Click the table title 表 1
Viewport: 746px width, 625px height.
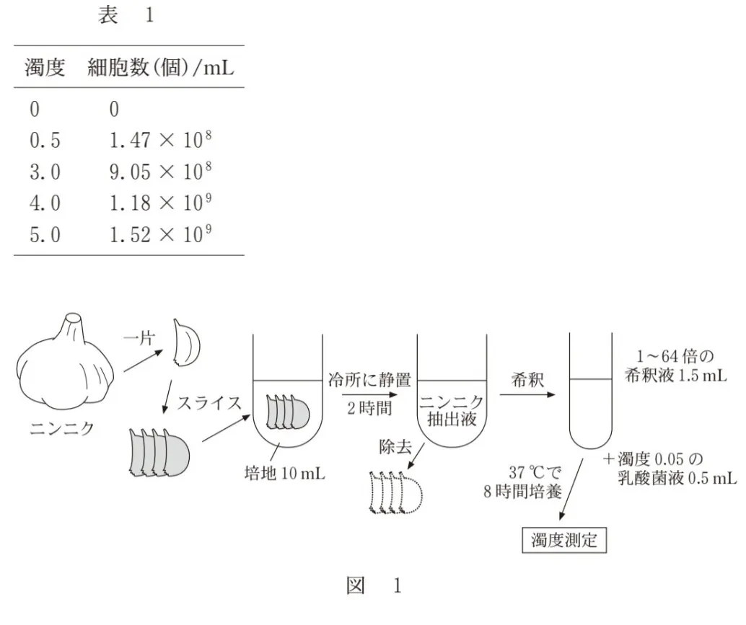click(x=126, y=16)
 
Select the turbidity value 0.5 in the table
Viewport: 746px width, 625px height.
click(x=45, y=141)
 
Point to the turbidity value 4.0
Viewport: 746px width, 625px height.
click(x=45, y=203)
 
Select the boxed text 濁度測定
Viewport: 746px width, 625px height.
click(x=564, y=539)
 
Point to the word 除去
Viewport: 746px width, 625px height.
click(x=397, y=447)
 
